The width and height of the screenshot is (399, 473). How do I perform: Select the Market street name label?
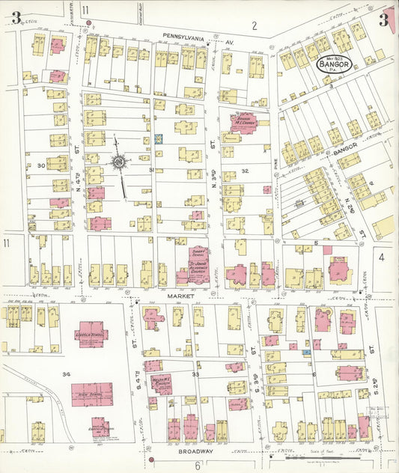click(x=183, y=296)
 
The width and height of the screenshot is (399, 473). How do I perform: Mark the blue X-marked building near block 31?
click(x=159, y=138)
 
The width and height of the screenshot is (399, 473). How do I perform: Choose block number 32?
click(x=244, y=171)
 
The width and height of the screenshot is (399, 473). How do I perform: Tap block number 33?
click(x=196, y=373)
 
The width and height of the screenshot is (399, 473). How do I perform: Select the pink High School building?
click(x=92, y=393)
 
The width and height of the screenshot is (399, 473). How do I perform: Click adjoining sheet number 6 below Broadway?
click(x=198, y=465)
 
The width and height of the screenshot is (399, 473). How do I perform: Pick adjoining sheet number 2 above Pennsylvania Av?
click(x=255, y=26)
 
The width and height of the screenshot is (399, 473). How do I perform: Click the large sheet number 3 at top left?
click(x=16, y=18)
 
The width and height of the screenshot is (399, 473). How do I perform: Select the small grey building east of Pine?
click(x=300, y=203)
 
